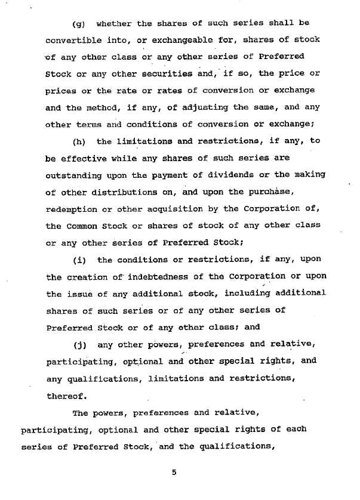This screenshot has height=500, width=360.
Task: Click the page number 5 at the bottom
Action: (174, 473)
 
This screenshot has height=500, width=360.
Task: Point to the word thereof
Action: (66, 395)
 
